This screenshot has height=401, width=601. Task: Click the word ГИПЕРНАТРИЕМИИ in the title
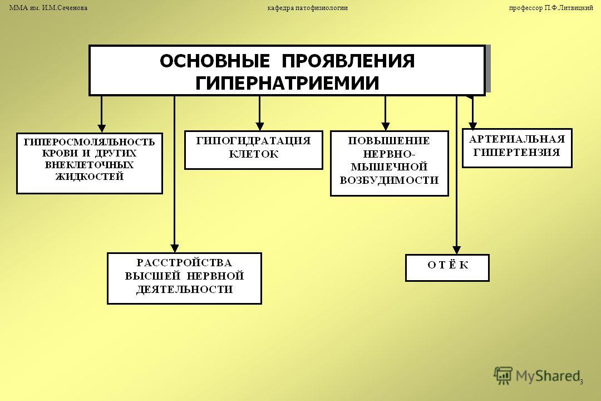pos(287,83)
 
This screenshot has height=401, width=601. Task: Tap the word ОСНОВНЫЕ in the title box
pos(215,61)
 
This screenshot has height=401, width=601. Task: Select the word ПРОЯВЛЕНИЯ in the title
pos(348,61)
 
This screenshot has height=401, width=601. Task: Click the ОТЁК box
pos(447,268)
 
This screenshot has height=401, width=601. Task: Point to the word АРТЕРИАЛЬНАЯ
pos(517,139)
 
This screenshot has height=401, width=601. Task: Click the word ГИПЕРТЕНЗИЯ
pos(516,153)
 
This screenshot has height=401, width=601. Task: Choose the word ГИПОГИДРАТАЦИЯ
pos(253,141)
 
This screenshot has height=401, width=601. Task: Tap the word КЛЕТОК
pos(254,154)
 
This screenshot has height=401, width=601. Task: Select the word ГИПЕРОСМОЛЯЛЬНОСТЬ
pos(89,143)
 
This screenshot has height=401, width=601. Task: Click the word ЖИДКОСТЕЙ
pos(90,177)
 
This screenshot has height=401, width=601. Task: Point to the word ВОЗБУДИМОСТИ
pos(389,180)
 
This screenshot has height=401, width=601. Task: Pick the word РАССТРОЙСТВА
pos(184,263)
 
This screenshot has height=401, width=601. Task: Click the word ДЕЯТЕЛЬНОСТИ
pos(184,290)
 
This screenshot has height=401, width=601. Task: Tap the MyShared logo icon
pos(503,375)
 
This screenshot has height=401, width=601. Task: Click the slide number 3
pos(581,382)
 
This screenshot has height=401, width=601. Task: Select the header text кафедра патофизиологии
pos(307,8)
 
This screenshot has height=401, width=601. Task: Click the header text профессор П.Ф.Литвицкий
pos(551,8)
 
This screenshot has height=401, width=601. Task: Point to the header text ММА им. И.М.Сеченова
pos(48,8)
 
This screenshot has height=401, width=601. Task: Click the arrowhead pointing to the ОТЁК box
pos(456,250)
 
